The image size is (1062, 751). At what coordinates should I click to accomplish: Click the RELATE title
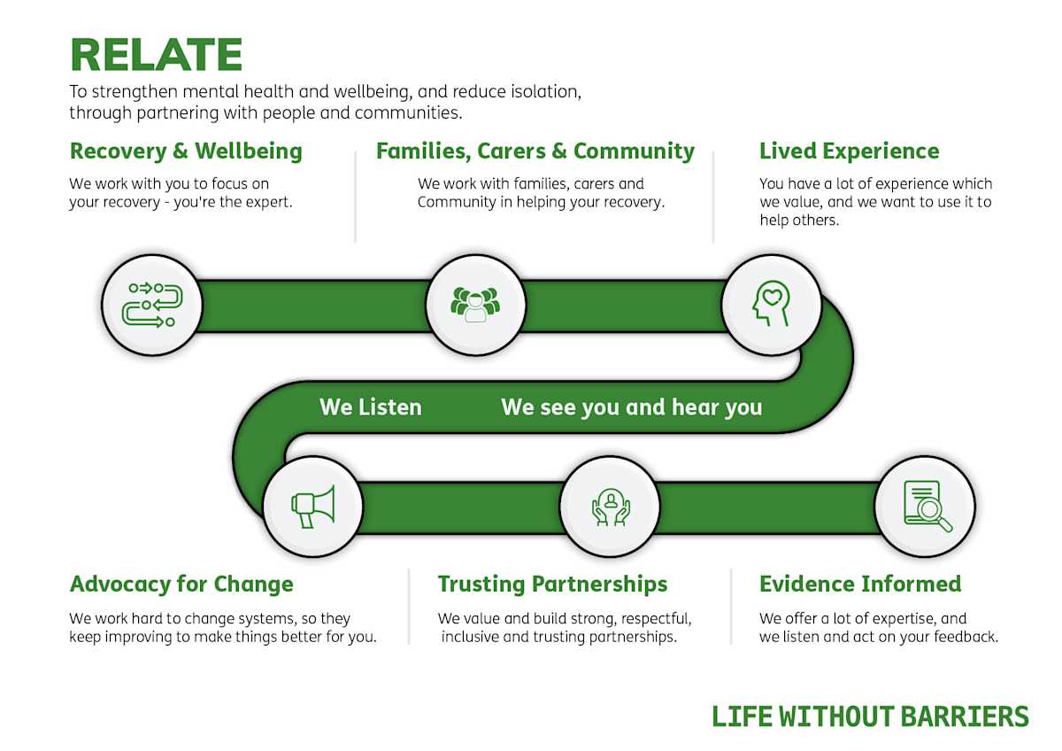pyautogui.click(x=156, y=55)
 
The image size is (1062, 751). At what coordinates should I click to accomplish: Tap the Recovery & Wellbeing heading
pyautogui.click(x=186, y=151)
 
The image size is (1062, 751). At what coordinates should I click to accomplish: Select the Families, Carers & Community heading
pyautogui.click(x=535, y=151)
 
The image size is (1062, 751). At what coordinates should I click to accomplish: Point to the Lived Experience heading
pyautogui.click(x=849, y=151)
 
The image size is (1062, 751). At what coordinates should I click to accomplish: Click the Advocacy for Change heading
pyautogui.click(x=181, y=585)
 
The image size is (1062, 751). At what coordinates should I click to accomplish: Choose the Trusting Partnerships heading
pyautogui.click(x=552, y=585)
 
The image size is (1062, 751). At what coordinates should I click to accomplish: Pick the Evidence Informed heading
pyautogui.click(x=859, y=585)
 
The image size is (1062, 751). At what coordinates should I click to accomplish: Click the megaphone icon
pyautogui.click(x=313, y=507)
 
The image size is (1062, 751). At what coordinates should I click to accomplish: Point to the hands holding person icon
pyautogui.click(x=610, y=507)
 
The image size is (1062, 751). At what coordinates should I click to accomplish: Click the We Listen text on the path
pyautogui.click(x=371, y=407)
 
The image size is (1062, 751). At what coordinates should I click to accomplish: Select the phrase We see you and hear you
pyautogui.click(x=631, y=407)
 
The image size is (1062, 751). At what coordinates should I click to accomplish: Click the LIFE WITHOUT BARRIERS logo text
pyautogui.click(x=870, y=716)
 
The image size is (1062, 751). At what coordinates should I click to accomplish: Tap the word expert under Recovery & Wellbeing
pyautogui.click(x=265, y=202)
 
